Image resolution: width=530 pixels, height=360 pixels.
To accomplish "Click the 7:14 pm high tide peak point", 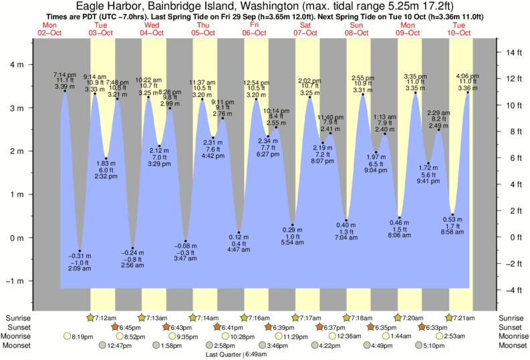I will pyautogui.click(x=65, y=91).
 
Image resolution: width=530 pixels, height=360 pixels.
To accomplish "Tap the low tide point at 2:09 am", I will pyautogui.click(x=80, y=250).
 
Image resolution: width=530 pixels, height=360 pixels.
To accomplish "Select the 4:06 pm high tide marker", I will pyautogui.click(x=467, y=92).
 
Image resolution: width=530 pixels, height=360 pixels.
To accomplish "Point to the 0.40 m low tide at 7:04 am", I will pyautogui.click(x=346, y=220).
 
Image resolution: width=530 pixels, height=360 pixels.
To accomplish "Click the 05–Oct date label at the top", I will pyautogui.click(x=203, y=32).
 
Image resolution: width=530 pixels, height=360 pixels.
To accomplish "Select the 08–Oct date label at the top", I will pyautogui.click(x=358, y=32).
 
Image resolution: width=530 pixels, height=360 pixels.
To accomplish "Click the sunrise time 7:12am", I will pyautogui.click(x=106, y=317).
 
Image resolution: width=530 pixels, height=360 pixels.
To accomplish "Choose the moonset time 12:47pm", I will pyautogui.click(x=119, y=346).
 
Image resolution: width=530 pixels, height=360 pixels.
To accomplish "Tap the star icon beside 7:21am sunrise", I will pyautogui.click(x=449, y=317).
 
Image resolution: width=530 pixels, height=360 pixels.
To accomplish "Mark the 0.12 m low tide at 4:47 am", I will pyautogui.click(x=239, y=232).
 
